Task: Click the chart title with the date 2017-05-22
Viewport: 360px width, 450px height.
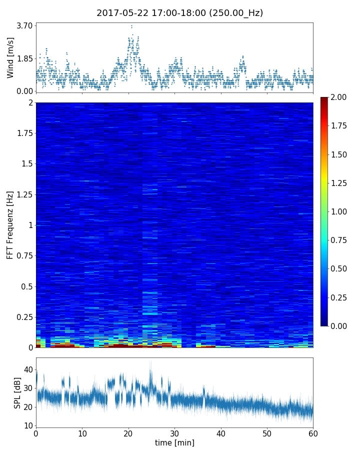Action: [180, 13]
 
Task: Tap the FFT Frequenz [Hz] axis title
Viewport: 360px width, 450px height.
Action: [10, 225]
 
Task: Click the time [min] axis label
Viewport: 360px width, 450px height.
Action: [174, 442]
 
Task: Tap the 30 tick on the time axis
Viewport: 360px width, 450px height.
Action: [174, 433]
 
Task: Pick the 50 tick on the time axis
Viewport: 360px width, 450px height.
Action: [267, 433]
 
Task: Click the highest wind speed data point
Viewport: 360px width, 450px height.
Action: [131, 26]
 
